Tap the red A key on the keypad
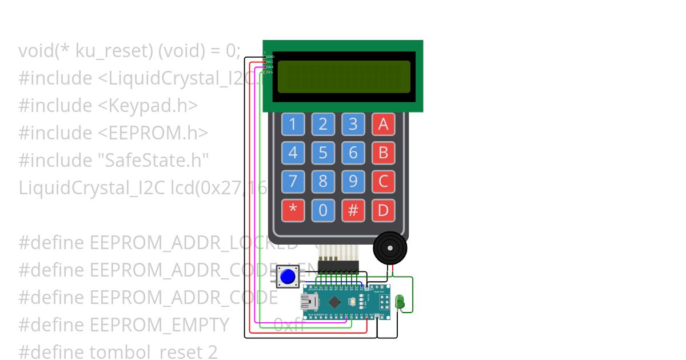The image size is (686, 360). pyautogui.click(x=383, y=124)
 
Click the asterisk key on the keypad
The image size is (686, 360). pyautogui.click(x=293, y=210)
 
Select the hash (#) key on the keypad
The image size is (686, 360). pyautogui.click(x=353, y=210)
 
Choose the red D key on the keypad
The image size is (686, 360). pyautogui.click(x=383, y=210)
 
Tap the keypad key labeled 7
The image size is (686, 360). pyautogui.click(x=293, y=182)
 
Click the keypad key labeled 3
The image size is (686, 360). pyautogui.click(x=353, y=124)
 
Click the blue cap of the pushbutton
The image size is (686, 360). pyautogui.click(x=288, y=277)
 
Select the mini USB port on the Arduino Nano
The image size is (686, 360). pyautogui.click(x=311, y=301)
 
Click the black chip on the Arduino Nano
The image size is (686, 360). pyautogui.click(x=335, y=301)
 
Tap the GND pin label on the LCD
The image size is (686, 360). pyautogui.click(x=270, y=57)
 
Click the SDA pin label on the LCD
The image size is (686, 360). pyautogui.click(x=270, y=67)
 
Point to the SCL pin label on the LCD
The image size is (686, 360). pyautogui.click(x=270, y=72)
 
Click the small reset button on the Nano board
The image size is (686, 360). pyautogui.click(x=354, y=301)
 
